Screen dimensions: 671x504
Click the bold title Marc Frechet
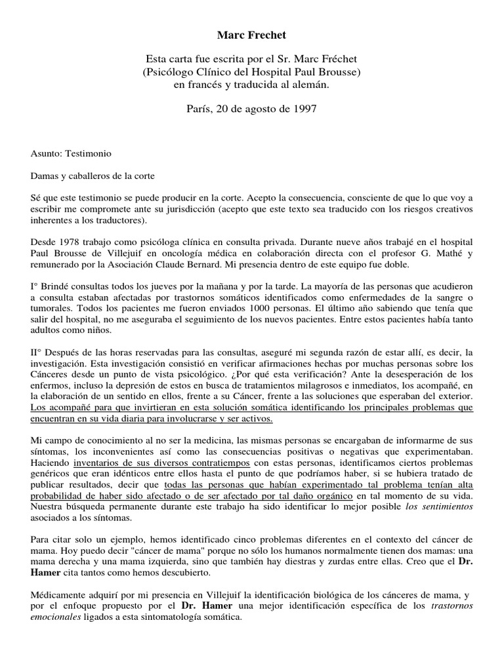click(252, 33)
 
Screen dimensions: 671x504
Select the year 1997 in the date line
click(304, 109)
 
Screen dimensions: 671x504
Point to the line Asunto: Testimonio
click(72, 153)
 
